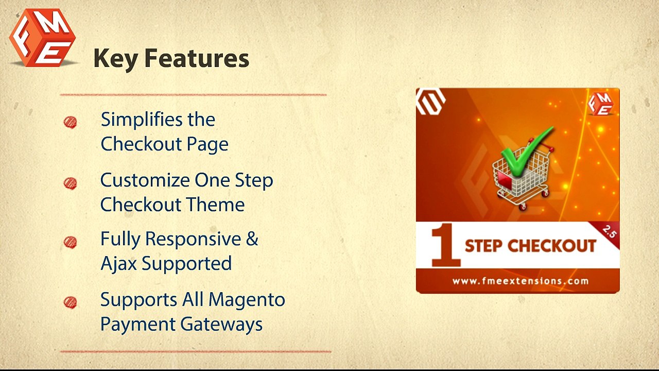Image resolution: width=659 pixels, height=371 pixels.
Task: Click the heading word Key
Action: [x=116, y=59]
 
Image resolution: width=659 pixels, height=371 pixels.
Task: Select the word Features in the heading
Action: [x=196, y=58]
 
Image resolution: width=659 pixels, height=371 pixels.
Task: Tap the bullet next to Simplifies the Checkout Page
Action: [x=71, y=122]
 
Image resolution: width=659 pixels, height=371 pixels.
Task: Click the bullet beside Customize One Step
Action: [x=71, y=183]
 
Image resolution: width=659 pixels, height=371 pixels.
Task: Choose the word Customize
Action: [x=145, y=181]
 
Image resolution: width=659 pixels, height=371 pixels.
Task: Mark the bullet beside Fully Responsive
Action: [x=71, y=242]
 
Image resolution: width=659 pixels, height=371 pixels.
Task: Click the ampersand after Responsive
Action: [x=252, y=239]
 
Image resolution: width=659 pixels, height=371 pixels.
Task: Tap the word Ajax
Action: [x=119, y=264]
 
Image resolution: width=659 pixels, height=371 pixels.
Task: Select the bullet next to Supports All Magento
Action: [x=71, y=302]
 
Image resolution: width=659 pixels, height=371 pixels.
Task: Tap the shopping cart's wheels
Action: [x=520, y=204]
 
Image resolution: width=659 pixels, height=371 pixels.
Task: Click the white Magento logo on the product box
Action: [x=431, y=101]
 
